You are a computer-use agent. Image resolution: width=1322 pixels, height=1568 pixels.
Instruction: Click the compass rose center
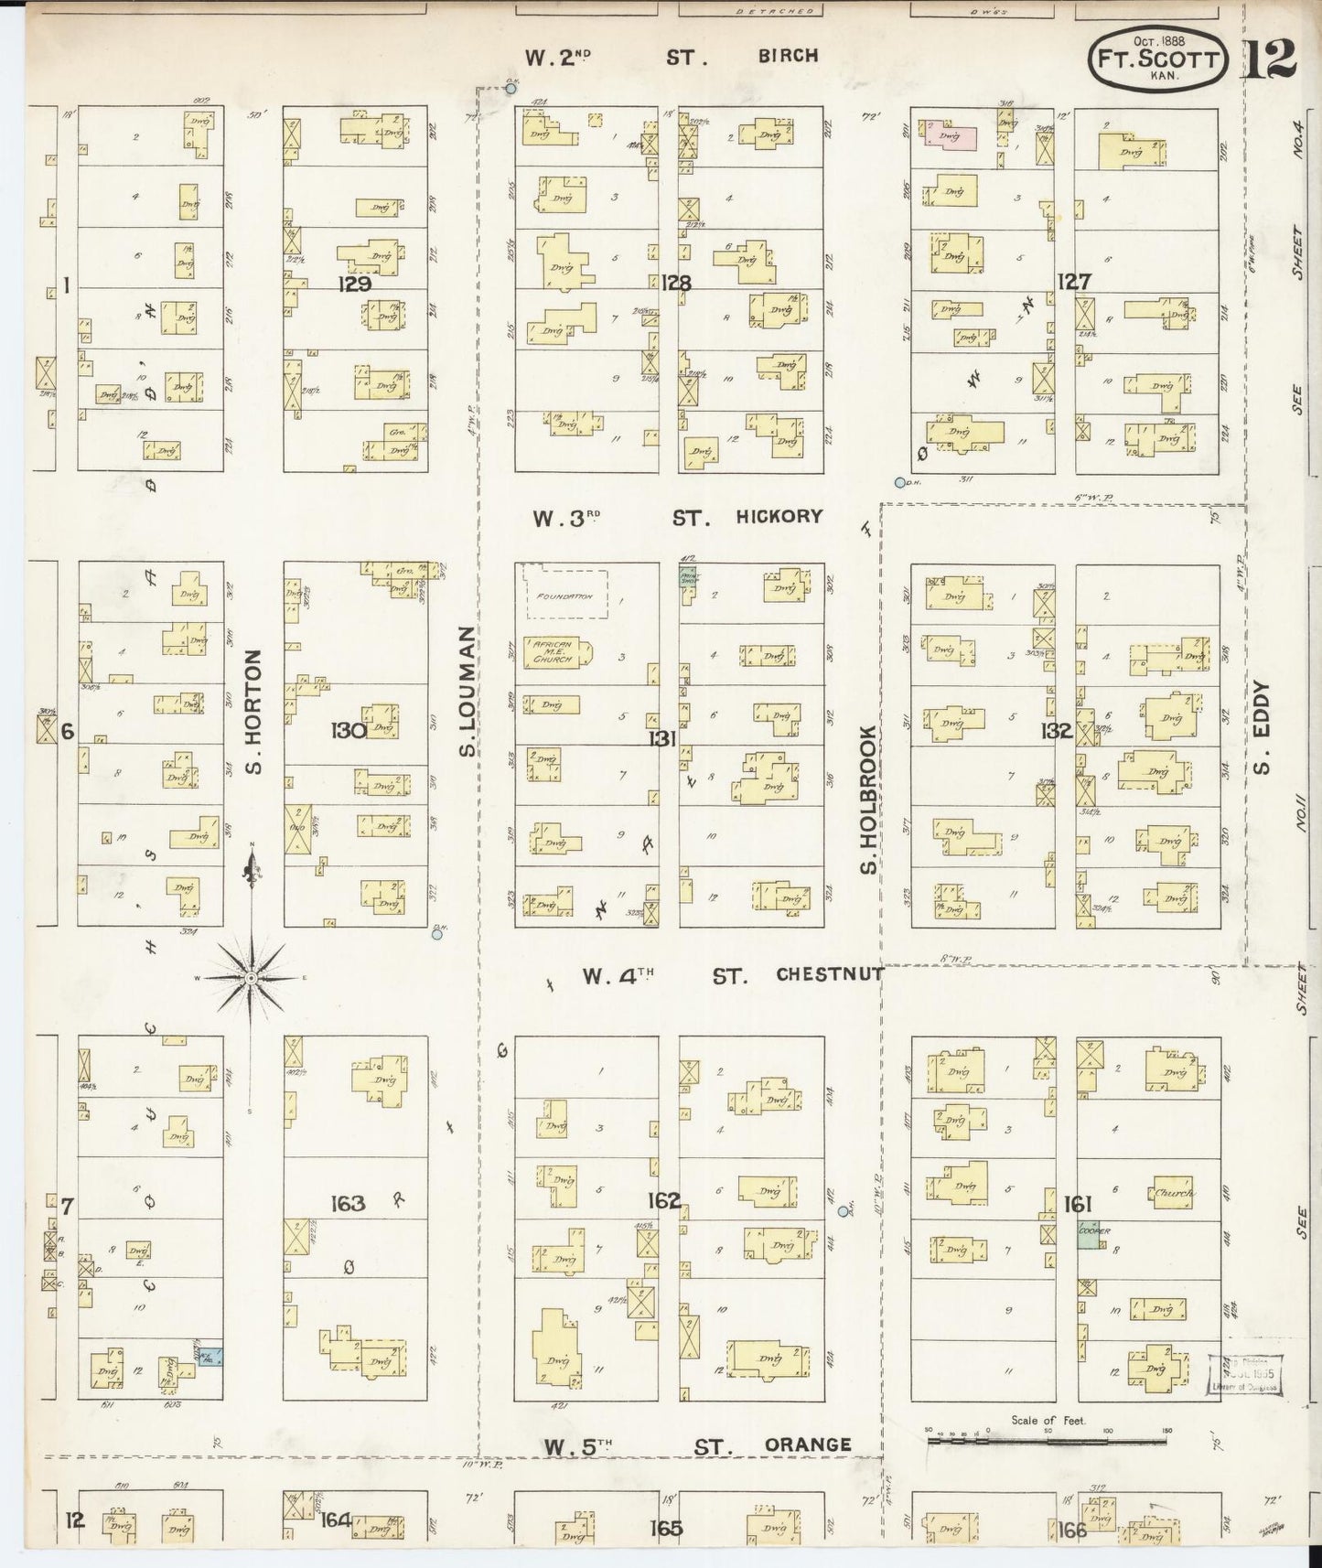250,978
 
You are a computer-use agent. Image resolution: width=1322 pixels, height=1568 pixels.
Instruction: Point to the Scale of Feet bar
1047,1442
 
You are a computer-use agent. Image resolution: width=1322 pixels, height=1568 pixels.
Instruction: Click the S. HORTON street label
254,711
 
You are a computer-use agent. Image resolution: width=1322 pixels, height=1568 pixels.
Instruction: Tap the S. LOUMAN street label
468,692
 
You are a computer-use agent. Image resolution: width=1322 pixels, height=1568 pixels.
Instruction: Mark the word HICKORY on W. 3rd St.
779,516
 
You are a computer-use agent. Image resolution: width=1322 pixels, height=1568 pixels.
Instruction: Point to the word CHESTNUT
830,975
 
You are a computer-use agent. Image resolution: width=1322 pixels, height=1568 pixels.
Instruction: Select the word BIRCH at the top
788,56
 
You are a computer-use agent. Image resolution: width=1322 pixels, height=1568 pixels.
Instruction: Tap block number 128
677,283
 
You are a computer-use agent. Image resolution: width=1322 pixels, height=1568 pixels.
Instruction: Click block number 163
347,1203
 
